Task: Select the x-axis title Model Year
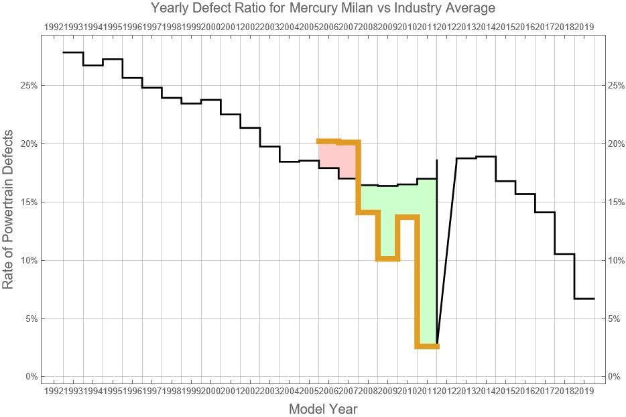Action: coord(323,409)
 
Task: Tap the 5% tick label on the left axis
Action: coord(29,318)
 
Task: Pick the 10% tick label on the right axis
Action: coord(617,260)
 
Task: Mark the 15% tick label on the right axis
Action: coord(617,202)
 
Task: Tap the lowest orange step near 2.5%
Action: coord(427,346)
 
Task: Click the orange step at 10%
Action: coord(388,259)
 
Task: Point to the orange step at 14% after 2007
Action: coord(368,212)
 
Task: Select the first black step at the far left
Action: coord(73,52)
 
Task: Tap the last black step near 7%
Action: coord(584,298)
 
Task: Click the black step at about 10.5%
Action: coord(564,254)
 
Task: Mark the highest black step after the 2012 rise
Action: coord(486,157)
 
